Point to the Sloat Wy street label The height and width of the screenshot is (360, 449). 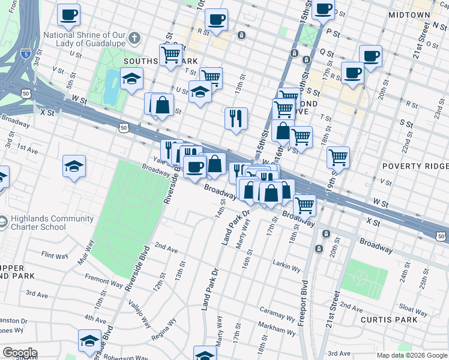[414, 310]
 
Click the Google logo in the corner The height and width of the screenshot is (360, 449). [20, 353]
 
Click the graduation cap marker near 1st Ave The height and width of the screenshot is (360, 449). [74, 166]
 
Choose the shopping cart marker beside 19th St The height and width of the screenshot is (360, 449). [339, 157]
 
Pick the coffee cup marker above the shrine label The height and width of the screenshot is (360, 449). [69, 14]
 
